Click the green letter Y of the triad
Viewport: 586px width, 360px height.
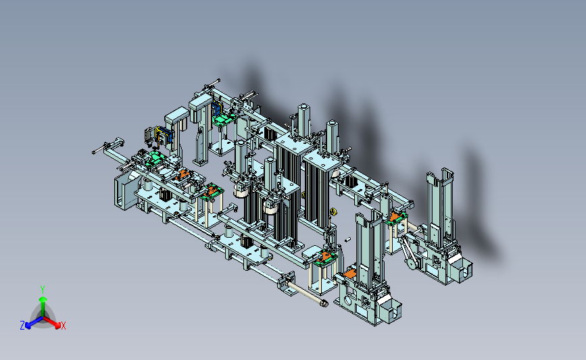tap(43, 290)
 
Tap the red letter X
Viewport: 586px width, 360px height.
tap(63, 326)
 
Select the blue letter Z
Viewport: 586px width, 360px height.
tap(22, 326)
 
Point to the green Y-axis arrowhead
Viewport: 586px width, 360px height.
tap(43, 299)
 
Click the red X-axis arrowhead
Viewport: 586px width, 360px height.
tap(57, 326)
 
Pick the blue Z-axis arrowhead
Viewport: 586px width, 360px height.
tap(28, 326)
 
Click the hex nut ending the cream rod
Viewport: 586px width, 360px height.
tap(324, 304)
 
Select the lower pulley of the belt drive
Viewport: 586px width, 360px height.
tap(412, 264)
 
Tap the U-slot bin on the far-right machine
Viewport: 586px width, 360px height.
tap(462, 268)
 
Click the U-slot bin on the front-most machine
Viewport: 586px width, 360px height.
tap(390, 309)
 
